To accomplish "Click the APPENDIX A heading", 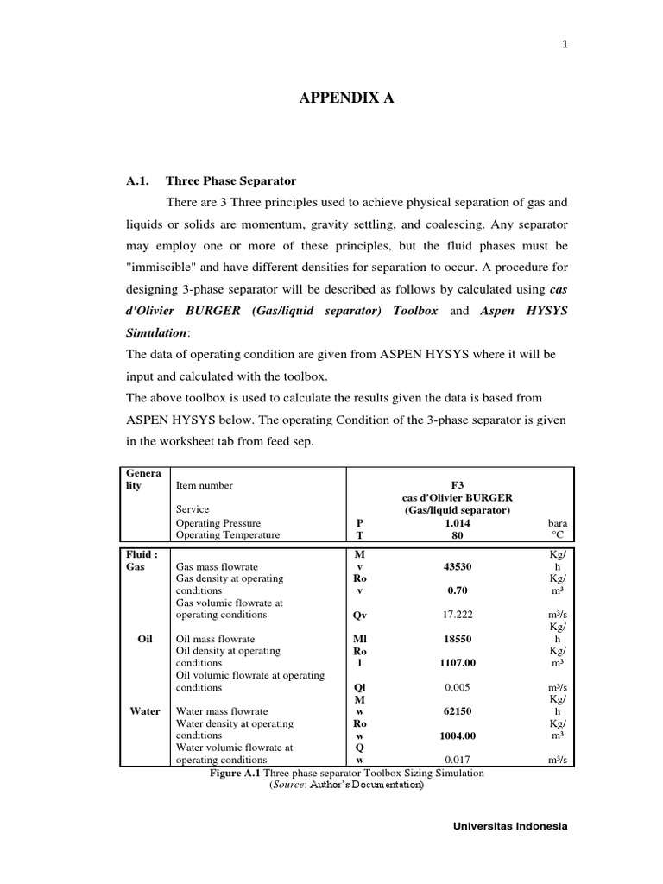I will point(346,99).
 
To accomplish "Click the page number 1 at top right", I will point(565,47).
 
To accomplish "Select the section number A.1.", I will point(138,181).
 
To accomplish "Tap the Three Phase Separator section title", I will point(230,181).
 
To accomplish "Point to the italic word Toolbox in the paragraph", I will point(414,310).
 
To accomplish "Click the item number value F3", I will point(458,485).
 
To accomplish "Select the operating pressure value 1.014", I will point(458,523).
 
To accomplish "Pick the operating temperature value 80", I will point(458,535).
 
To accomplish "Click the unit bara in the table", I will point(558,523).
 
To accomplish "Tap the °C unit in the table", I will point(558,535).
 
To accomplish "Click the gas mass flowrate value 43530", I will point(458,566).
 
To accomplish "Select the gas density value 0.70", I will point(458,591).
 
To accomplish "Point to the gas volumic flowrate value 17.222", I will point(458,616).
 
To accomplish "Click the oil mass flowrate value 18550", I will point(458,640).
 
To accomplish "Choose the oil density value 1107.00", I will point(458,663).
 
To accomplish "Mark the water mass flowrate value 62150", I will point(458,711).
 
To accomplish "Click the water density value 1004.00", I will point(458,736).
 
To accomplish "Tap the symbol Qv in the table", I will point(360,616).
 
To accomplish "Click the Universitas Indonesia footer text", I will point(510,826).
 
